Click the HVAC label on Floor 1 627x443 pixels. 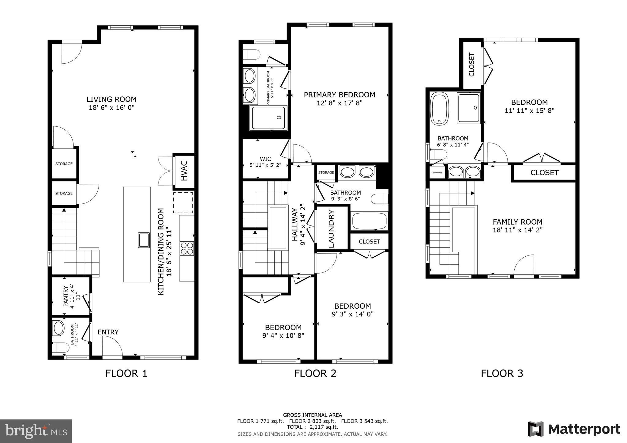click(x=184, y=171)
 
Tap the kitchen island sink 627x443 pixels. click(x=144, y=240)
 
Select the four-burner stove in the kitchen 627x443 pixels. click(x=187, y=248)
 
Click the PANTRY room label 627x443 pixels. click(x=66, y=296)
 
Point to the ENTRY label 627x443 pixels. click(x=108, y=332)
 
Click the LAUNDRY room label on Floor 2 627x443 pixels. click(x=331, y=228)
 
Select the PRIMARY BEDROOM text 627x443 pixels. click(x=339, y=95)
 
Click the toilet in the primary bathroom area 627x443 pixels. click(x=251, y=55)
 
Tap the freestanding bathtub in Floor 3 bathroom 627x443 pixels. click(x=439, y=109)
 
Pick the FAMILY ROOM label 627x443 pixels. click(x=517, y=222)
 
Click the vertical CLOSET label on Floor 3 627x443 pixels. click(x=471, y=65)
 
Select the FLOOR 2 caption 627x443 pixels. click(x=315, y=373)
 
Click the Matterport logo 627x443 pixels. click(x=574, y=429)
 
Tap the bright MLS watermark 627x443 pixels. click(x=36, y=431)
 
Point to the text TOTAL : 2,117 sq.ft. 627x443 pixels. click(x=312, y=427)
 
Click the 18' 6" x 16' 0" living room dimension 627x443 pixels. click(x=111, y=108)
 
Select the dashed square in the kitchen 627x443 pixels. click(x=183, y=202)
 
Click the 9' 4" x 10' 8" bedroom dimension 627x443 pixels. click(x=283, y=336)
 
